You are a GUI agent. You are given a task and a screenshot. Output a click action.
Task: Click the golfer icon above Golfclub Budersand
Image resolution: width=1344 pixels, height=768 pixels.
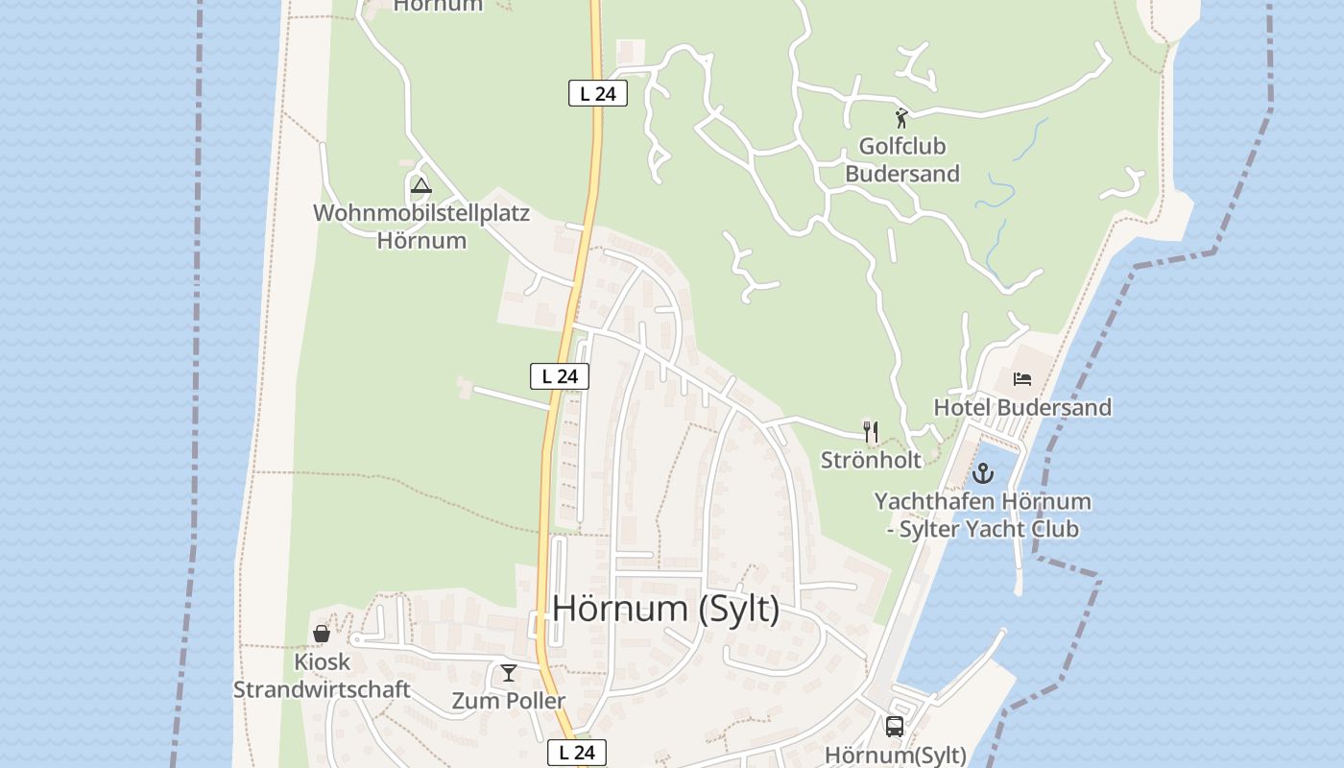coord(901,118)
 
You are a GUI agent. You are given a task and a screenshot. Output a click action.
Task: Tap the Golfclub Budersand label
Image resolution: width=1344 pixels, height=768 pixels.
coord(901,160)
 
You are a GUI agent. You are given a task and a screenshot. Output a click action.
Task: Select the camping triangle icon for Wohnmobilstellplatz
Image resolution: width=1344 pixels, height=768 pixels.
coord(420,185)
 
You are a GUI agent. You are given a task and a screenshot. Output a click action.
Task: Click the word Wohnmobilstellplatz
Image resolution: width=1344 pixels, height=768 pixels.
coord(421,213)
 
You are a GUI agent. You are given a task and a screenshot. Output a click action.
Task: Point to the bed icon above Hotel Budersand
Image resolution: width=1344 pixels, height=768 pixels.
coord(1022,379)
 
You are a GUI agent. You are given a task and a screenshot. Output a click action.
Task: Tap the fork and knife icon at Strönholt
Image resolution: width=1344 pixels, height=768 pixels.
coord(871,432)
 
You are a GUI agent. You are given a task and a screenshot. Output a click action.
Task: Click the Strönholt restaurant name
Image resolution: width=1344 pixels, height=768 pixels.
coord(871,460)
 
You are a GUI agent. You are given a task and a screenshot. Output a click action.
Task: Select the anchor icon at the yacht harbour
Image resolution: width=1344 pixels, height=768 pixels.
coord(982,473)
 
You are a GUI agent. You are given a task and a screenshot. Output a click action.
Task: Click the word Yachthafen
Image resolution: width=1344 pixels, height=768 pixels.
coord(934,501)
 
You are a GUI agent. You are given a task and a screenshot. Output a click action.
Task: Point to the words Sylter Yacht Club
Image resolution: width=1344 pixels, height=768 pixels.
coord(989,529)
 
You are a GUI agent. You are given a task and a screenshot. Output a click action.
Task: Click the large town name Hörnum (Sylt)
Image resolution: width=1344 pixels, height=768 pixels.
coord(666,609)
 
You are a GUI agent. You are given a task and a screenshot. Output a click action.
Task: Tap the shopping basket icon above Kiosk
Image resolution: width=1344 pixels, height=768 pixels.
coord(322,634)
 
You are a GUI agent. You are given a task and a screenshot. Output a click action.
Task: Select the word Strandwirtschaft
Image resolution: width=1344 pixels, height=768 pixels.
coord(322,689)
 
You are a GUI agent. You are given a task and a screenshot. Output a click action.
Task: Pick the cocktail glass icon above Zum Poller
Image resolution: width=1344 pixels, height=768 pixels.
coord(509,673)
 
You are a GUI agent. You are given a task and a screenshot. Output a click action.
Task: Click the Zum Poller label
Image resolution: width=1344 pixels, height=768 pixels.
coord(509,701)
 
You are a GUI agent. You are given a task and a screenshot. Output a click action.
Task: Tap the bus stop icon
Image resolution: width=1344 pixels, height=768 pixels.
coord(895,727)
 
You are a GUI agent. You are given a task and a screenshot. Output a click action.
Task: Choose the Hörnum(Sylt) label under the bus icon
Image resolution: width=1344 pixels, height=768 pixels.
coord(895,755)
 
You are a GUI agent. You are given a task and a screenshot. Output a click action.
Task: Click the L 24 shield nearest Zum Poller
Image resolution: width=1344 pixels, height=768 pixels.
coord(578,753)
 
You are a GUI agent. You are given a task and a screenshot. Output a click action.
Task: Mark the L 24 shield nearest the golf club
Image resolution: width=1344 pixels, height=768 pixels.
coord(598,93)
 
